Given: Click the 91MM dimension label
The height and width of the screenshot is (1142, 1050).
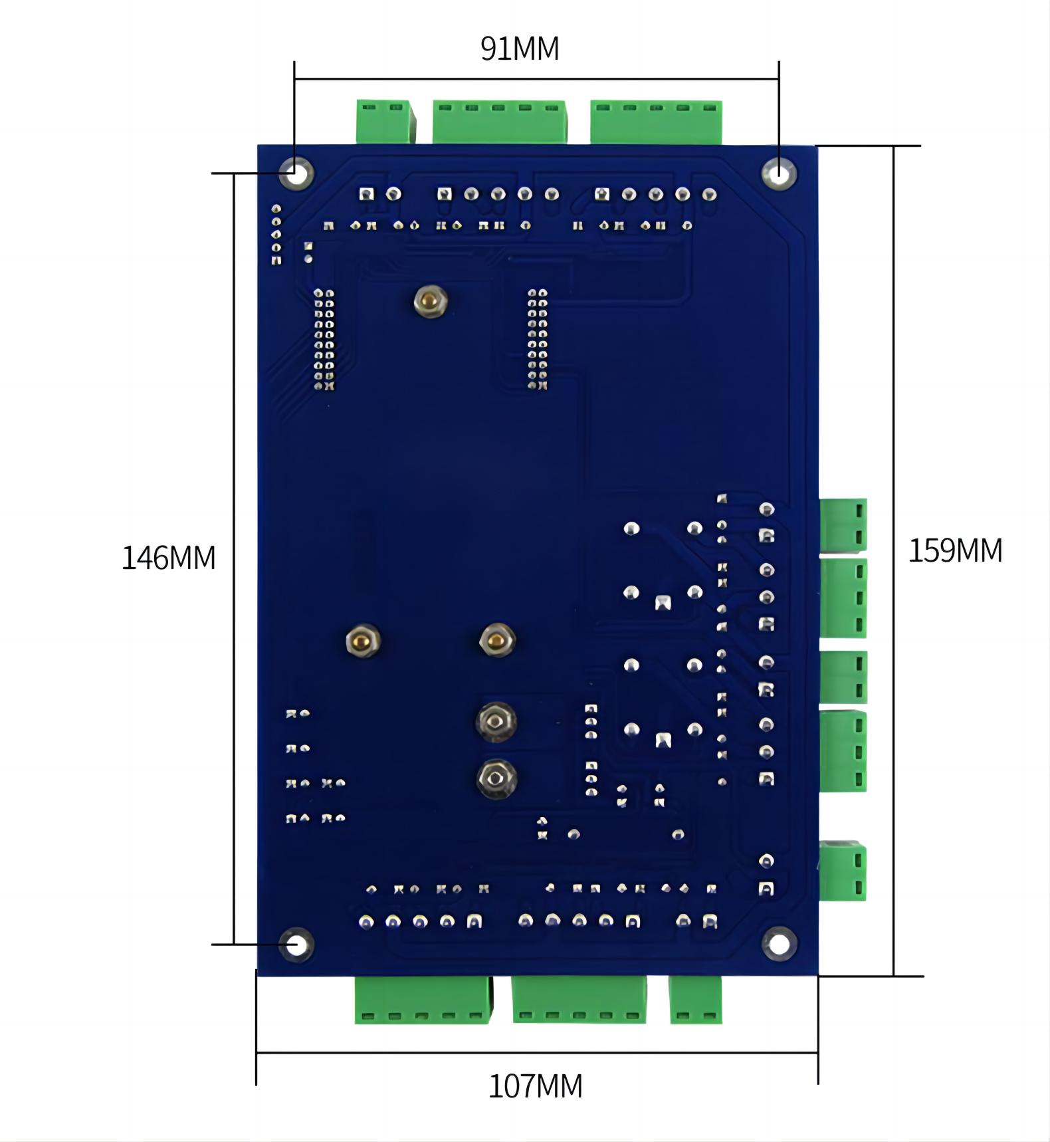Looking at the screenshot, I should point(520,49).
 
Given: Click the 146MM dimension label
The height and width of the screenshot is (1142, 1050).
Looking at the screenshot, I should point(168,558).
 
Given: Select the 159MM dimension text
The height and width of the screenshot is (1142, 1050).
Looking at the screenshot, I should point(955,550).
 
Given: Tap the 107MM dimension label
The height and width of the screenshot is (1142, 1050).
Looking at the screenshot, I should point(535,1086).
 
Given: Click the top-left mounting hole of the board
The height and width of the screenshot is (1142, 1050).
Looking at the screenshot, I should point(296,173).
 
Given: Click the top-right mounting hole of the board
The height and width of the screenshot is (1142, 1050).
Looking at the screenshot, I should point(780,173).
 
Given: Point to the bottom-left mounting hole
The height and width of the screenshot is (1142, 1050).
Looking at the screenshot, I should point(296,944).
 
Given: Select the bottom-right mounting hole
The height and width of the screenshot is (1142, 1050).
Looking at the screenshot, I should point(779,943).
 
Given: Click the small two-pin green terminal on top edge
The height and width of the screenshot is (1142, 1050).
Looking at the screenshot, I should point(384,121).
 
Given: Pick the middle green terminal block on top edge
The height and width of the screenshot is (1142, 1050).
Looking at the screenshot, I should point(499,121).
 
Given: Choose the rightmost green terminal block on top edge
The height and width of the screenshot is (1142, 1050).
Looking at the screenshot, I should point(656,122).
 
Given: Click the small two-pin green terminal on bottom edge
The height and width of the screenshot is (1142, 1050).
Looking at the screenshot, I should point(695,1000).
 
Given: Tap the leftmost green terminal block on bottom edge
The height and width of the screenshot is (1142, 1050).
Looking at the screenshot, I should point(423,1000).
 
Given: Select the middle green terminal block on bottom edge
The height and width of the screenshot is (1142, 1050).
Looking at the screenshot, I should point(579,1000).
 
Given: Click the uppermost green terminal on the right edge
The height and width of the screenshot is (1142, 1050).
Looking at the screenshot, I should point(843,524).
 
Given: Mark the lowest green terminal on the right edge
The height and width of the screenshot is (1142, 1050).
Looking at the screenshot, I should point(843,871).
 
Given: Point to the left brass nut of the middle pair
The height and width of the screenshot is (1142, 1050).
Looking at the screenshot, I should point(363,641).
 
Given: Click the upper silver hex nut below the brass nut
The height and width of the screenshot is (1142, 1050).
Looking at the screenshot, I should point(496,721).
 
